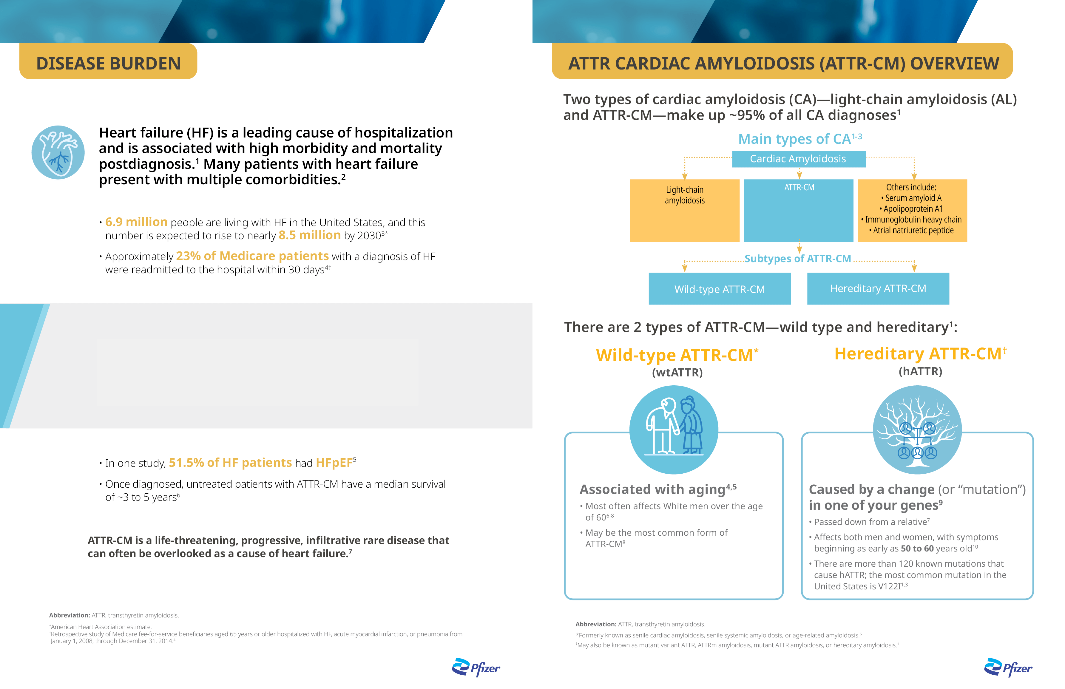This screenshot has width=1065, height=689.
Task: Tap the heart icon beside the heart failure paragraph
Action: tap(58, 153)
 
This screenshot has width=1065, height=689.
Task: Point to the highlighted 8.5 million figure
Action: tap(310, 235)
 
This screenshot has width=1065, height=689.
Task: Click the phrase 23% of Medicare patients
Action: tap(252, 256)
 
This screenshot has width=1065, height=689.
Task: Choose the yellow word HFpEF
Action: tap(334, 463)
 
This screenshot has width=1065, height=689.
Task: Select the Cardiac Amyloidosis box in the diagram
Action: tap(798, 159)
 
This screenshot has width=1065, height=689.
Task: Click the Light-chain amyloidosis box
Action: tap(685, 210)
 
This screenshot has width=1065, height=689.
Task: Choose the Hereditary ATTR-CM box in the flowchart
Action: tap(878, 289)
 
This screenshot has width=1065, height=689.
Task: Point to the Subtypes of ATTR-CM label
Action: tap(797, 259)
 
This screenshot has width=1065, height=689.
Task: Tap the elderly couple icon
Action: tap(674, 430)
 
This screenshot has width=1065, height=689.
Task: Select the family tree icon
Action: tap(917, 430)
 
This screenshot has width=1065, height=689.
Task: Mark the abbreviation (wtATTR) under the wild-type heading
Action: tap(677, 372)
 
